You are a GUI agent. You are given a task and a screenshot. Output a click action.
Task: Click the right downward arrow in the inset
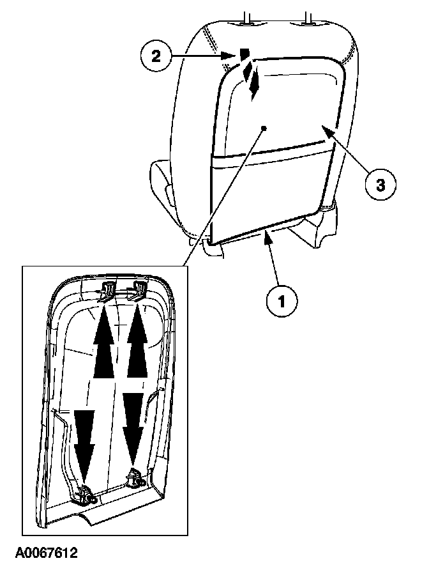(x=132, y=424)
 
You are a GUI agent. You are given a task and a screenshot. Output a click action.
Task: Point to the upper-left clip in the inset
(x=107, y=289)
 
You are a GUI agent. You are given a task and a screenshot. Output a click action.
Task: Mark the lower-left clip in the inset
(x=86, y=494)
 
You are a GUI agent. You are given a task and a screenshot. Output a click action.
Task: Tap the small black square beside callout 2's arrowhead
(x=244, y=54)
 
